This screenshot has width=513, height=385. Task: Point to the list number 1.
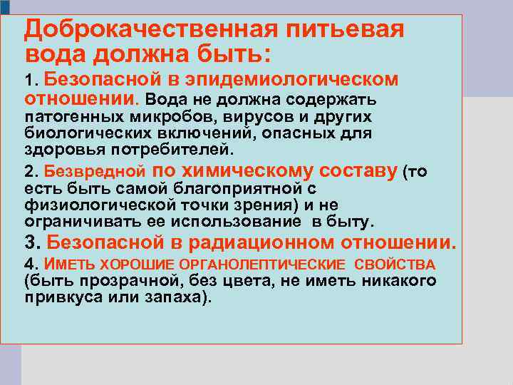coord(28,80)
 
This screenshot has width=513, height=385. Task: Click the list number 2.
coord(29,172)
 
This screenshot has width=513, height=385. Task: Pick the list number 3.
coord(30,243)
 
